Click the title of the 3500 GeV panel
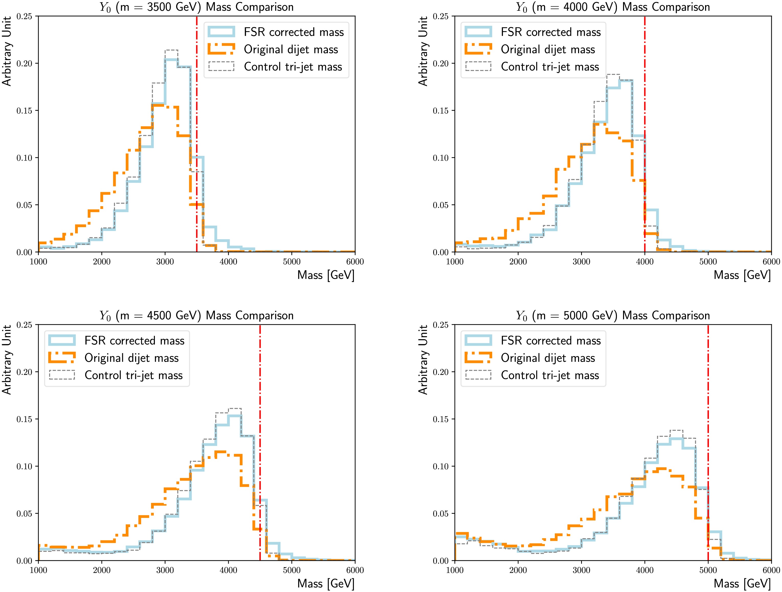pos(197,7)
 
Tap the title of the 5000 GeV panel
pos(613,315)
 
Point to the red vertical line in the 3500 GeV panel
pos(197,106)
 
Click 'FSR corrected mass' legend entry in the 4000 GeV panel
pos(550,32)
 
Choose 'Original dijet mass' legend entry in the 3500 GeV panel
pos(291,50)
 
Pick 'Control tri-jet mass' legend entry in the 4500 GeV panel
pos(134,375)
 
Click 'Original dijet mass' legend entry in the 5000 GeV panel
pos(548,358)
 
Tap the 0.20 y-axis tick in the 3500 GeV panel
pos(24,64)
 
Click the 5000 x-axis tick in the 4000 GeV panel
pos(708,262)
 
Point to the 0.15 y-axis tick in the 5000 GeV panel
pos(441,419)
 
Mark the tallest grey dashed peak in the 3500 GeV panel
pos(171,50)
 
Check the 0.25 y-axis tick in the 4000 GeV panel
pos(441,16)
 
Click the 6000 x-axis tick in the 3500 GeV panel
pos(355,262)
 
